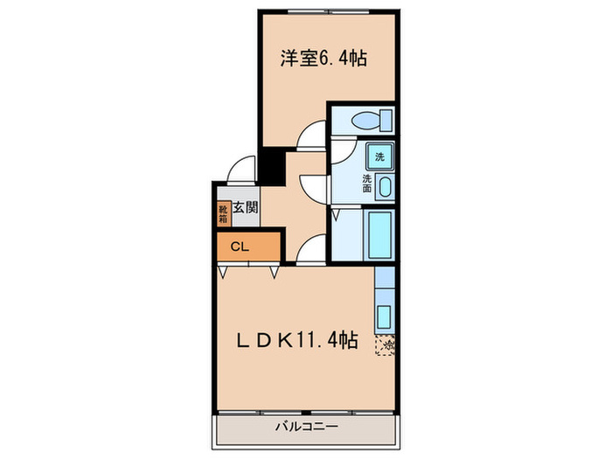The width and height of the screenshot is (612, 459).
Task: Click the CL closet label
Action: click(x=239, y=247)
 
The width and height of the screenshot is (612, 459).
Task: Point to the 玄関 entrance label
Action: click(x=246, y=209)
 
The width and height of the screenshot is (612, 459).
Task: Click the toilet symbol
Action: click(x=363, y=121)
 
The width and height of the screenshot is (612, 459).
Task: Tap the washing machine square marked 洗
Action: click(x=379, y=157)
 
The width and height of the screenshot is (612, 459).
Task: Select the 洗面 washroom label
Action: click(x=369, y=183)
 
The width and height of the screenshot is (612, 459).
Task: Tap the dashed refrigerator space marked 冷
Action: click(x=386, y=345)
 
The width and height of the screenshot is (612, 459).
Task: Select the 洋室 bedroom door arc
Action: click(x=310, y=137)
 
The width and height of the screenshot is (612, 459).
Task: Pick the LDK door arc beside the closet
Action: click(x=309, y=253)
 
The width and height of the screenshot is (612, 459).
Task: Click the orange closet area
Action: click(x=249, y=247)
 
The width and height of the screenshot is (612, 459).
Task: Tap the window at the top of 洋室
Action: click(x=329, y=10)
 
